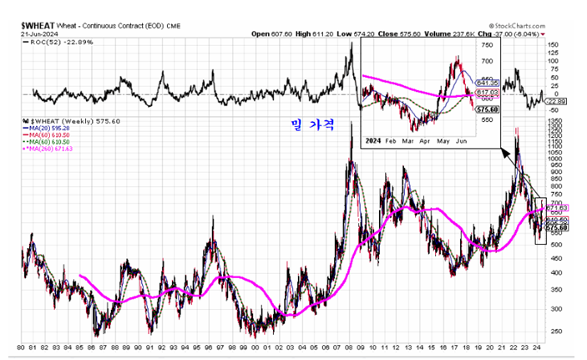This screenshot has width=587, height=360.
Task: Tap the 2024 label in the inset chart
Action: click(x=374, y=141)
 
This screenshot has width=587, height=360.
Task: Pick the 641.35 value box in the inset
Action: click(x=487, y=83)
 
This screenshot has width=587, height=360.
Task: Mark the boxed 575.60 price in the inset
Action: click(x=487, y=109)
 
